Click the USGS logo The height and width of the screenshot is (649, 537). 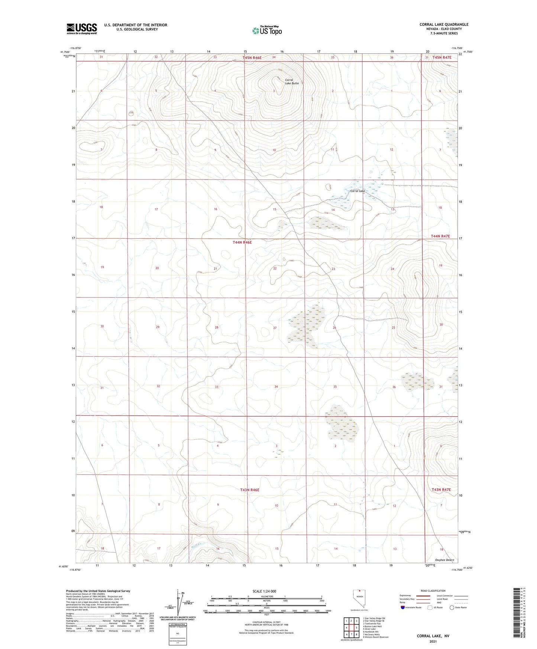tap(81, 29)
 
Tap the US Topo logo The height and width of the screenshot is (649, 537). tap(266, 30)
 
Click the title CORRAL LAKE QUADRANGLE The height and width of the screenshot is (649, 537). tap(444, 25)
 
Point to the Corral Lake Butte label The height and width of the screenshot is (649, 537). tap(291, 81)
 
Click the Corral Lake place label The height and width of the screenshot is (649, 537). tap(358, 191)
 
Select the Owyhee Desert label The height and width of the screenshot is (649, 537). tap(444, 560)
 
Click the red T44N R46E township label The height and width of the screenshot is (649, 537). tap(242, 242)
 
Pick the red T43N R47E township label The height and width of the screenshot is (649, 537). tap(441, 490)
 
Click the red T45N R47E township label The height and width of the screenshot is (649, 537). tap(441, 58)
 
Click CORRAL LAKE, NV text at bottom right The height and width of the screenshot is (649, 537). tap(433, 636)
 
